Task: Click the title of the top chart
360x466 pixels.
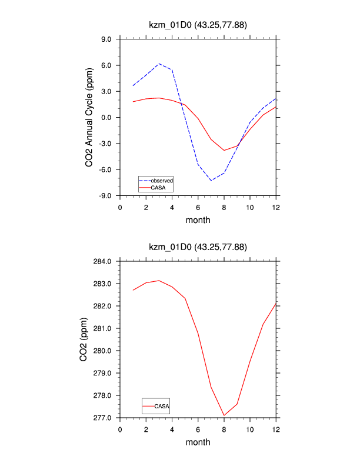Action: click(198, 25)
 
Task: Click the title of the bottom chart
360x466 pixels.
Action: click(198, 248)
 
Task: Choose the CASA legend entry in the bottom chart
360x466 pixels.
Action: click(162, 406)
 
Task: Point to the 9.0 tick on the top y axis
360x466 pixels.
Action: click(107, 39)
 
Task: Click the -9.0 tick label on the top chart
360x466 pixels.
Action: click(106, 195)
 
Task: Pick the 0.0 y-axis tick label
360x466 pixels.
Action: click(107, 118)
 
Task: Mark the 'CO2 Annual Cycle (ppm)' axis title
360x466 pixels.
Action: click(89, 118)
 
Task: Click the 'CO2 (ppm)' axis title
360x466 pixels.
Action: click(86, 339)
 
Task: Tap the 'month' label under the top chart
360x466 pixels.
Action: click(198, 220)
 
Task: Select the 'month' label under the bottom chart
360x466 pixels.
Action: click(198, 442)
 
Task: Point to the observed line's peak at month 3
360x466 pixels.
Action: click(159, 64)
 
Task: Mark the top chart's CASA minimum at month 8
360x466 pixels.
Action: click(224, 150)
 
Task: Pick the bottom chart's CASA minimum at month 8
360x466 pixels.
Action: click(224, 415)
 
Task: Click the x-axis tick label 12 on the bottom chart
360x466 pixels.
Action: click(275, 430)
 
